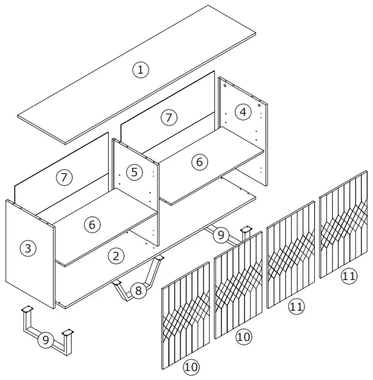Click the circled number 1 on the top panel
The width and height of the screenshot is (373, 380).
(x=139, y=70)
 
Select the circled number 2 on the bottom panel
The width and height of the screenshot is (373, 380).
(x=116, y=256)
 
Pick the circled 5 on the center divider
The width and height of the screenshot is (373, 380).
(x=132, y=172)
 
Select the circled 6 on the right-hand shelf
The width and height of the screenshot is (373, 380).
(x=199, y=162)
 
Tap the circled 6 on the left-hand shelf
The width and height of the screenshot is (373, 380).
(x=92, y=225)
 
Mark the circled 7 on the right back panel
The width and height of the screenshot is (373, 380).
(x=168, y=117)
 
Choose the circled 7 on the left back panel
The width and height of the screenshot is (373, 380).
(x=64, y=178)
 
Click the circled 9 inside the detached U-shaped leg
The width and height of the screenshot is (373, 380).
(x=45, y=340)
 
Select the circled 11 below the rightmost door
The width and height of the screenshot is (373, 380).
(x=349, y=276)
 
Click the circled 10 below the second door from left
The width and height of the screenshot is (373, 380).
(x=242, y=336)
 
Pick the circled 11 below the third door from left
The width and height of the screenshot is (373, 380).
(x=295, y=307)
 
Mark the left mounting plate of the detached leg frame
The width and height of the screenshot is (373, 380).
(x=27, y=310)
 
